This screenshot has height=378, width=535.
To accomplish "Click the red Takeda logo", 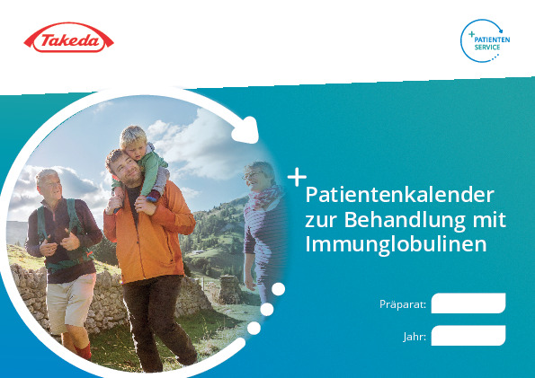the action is pyautogui.click(x=68, y=38).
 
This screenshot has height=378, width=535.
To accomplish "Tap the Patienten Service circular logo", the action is pyautogui.click(x=485, y=41).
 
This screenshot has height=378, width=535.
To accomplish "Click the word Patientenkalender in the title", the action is pyautogui.click(x=399, y=196).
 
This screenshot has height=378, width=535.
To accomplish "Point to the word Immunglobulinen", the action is pyautogui.click(x=396, y=244).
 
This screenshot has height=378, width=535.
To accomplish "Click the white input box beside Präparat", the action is pyautogui.click(x=468, y=303).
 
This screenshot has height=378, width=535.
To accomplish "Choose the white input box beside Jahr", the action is pyautogui.click(x=468, y=336).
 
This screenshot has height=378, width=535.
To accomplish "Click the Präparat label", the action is pyautogui.click(x=403, y=304).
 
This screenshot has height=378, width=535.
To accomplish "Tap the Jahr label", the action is pyautogui.click(x=415, y=337).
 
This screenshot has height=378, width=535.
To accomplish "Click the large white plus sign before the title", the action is pyautogui.click(x=297, y=177).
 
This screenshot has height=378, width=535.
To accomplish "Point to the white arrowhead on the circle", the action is pyautogui.click(x=246, y=130).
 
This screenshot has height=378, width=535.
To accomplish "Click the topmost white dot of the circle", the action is pyautogui.click(x=278, y=289).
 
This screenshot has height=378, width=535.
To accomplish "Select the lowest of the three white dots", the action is pyautogui.click(x=254, y=328).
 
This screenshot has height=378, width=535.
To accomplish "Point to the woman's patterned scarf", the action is pyautogui.click(x=263, y=198).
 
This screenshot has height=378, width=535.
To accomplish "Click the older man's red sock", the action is pyautogui.click(x=84, y=352).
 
